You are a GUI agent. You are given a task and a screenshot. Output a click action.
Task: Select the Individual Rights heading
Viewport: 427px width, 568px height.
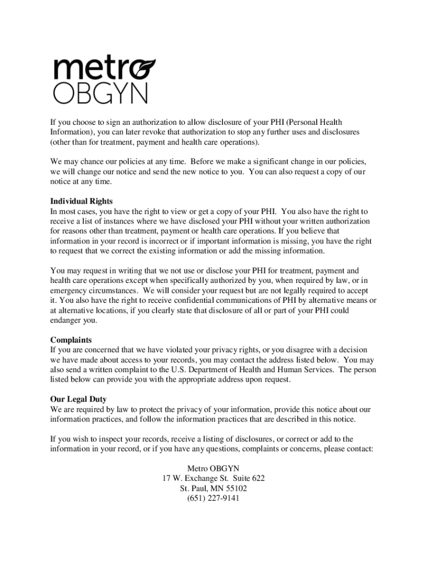(82, 201)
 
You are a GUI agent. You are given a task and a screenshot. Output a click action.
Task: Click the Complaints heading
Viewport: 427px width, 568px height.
(71, 340)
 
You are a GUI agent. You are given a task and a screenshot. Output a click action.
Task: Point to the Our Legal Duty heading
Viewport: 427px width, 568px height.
(79, 399)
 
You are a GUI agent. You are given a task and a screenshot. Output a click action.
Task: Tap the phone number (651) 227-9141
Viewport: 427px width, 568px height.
(213, 499)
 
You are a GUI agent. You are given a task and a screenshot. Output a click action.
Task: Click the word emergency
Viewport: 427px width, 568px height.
(69, 291)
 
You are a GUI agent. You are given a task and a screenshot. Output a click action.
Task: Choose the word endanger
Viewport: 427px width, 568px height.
(67, 321)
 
